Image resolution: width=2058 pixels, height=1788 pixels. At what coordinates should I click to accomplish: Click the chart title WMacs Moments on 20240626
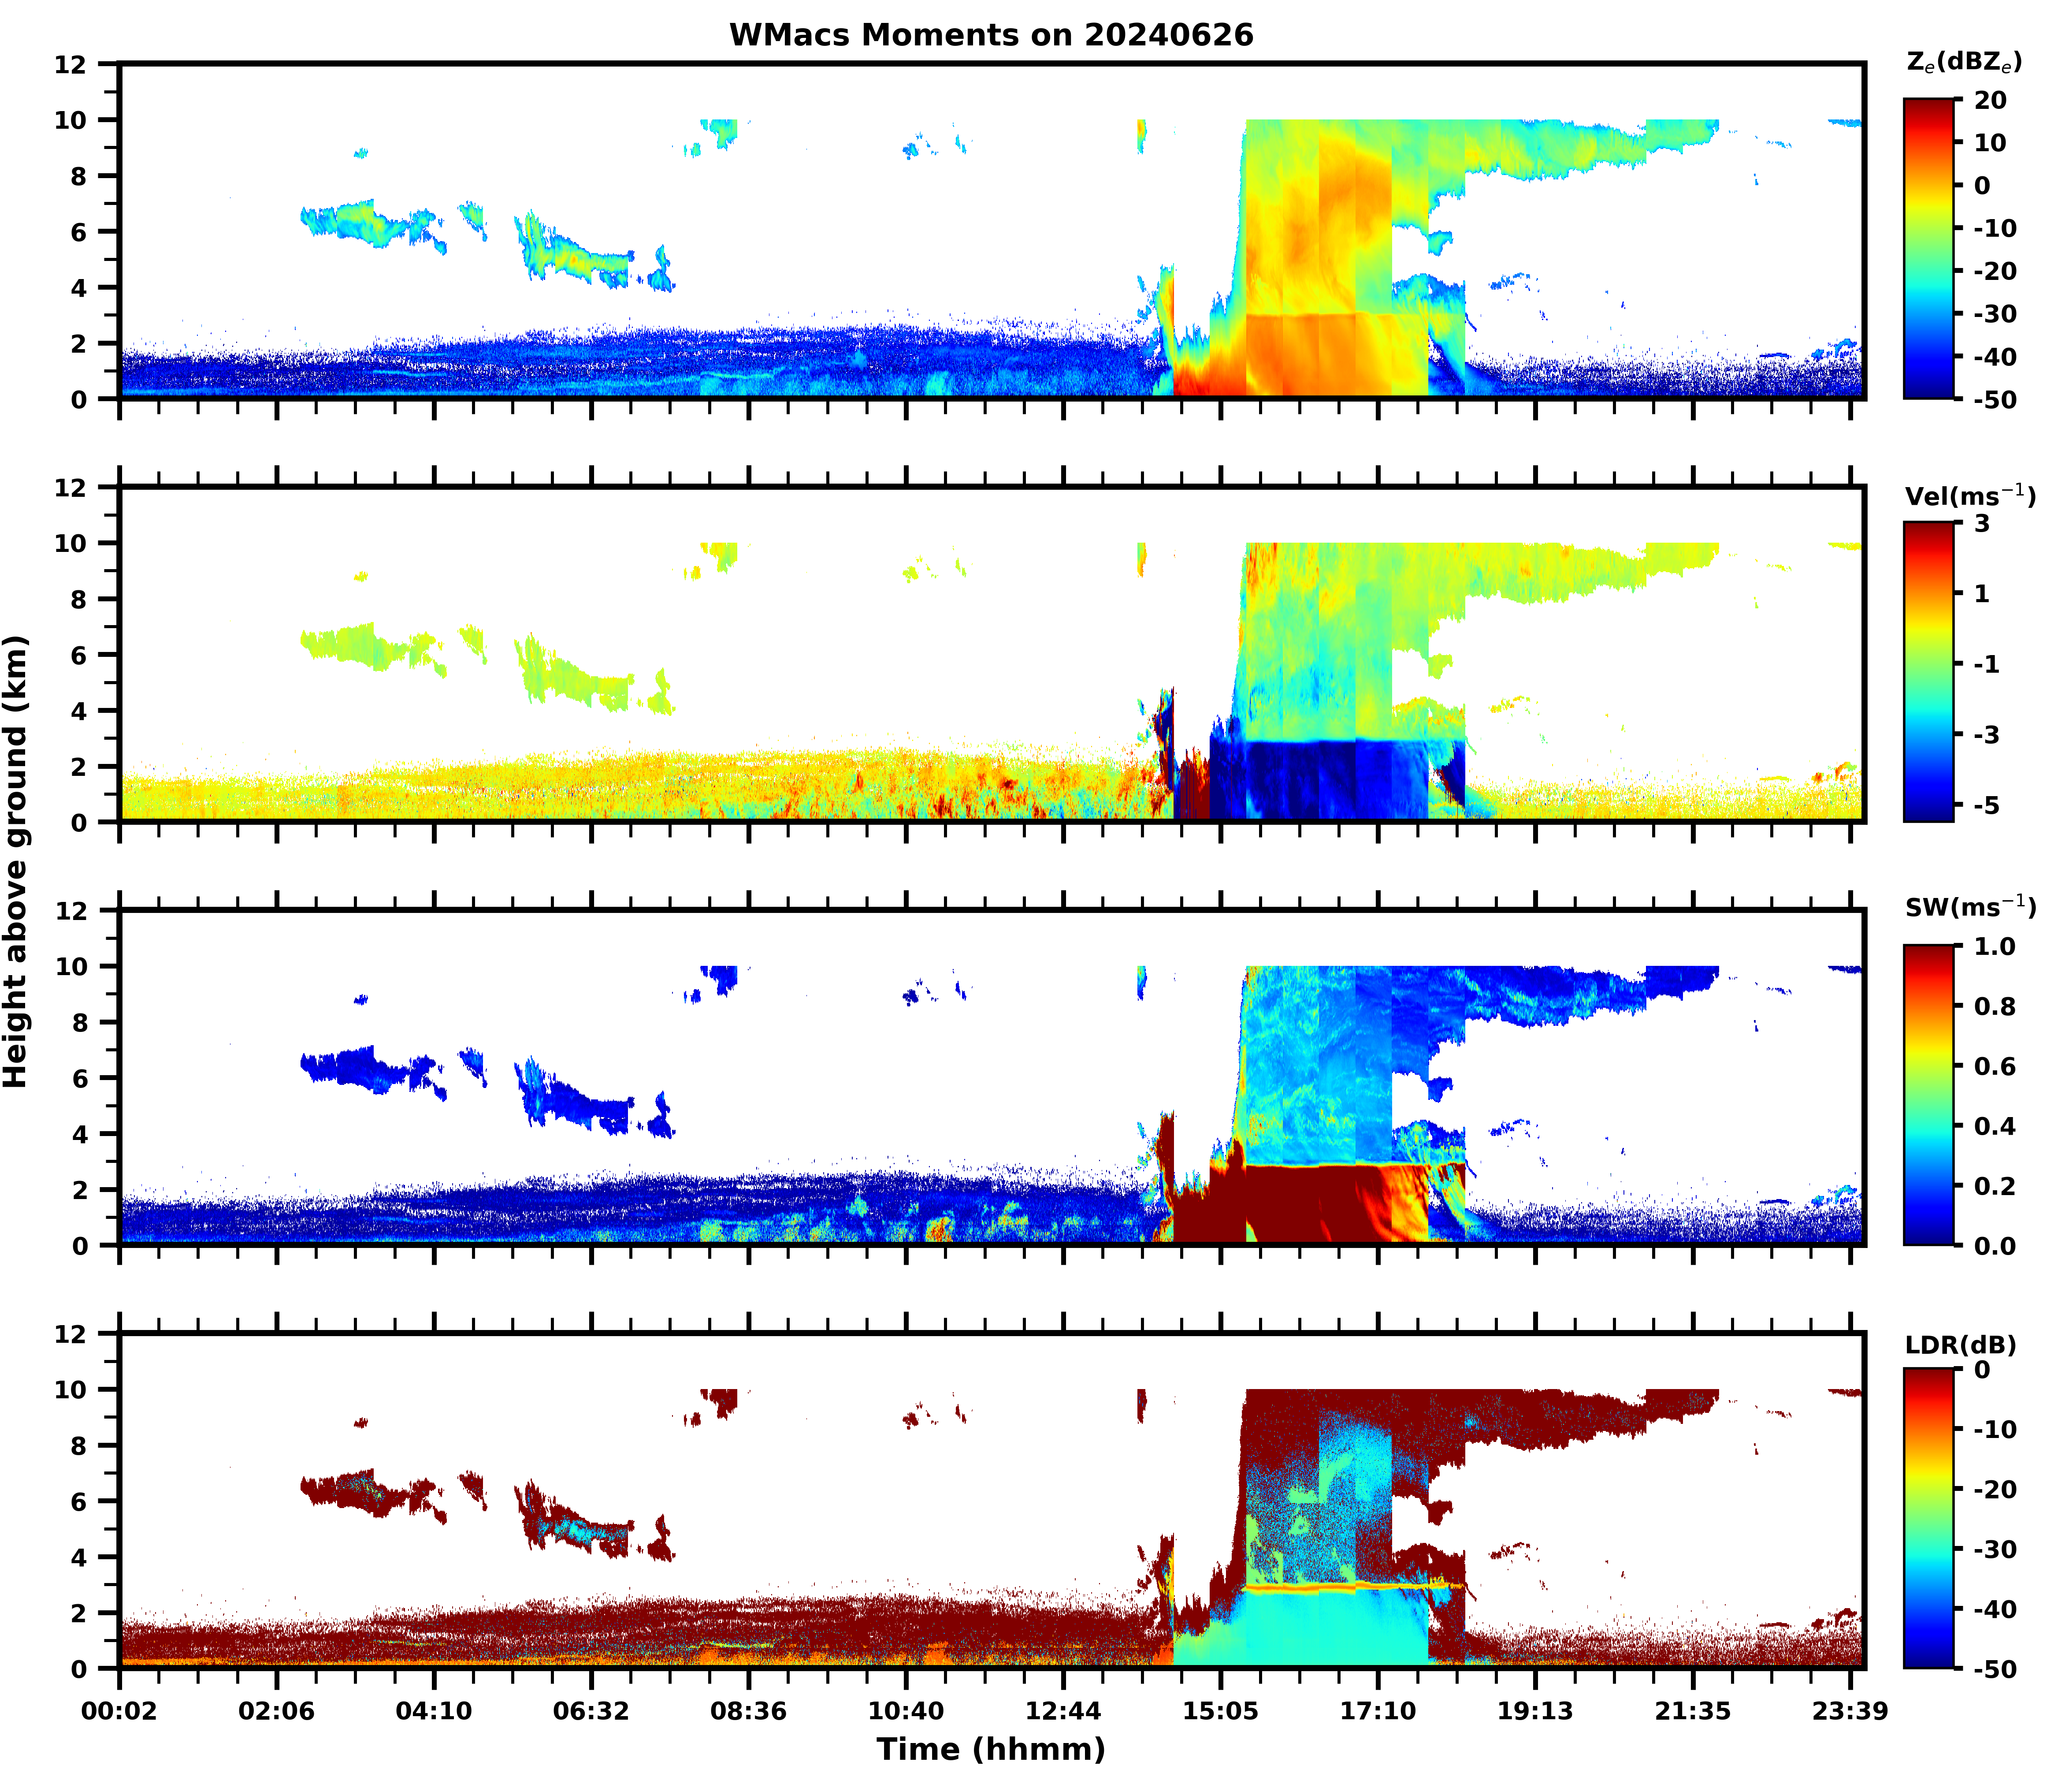coord(991,35)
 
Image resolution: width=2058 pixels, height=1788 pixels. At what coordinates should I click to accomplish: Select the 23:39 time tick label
coord(1850,1711)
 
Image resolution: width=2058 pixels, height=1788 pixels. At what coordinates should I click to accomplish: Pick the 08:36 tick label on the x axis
coord(748,1711)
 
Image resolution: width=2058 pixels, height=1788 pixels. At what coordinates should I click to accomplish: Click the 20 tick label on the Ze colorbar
coord(1989,100)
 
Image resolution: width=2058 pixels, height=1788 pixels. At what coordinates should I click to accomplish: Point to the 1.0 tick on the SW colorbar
coord(1994,946)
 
